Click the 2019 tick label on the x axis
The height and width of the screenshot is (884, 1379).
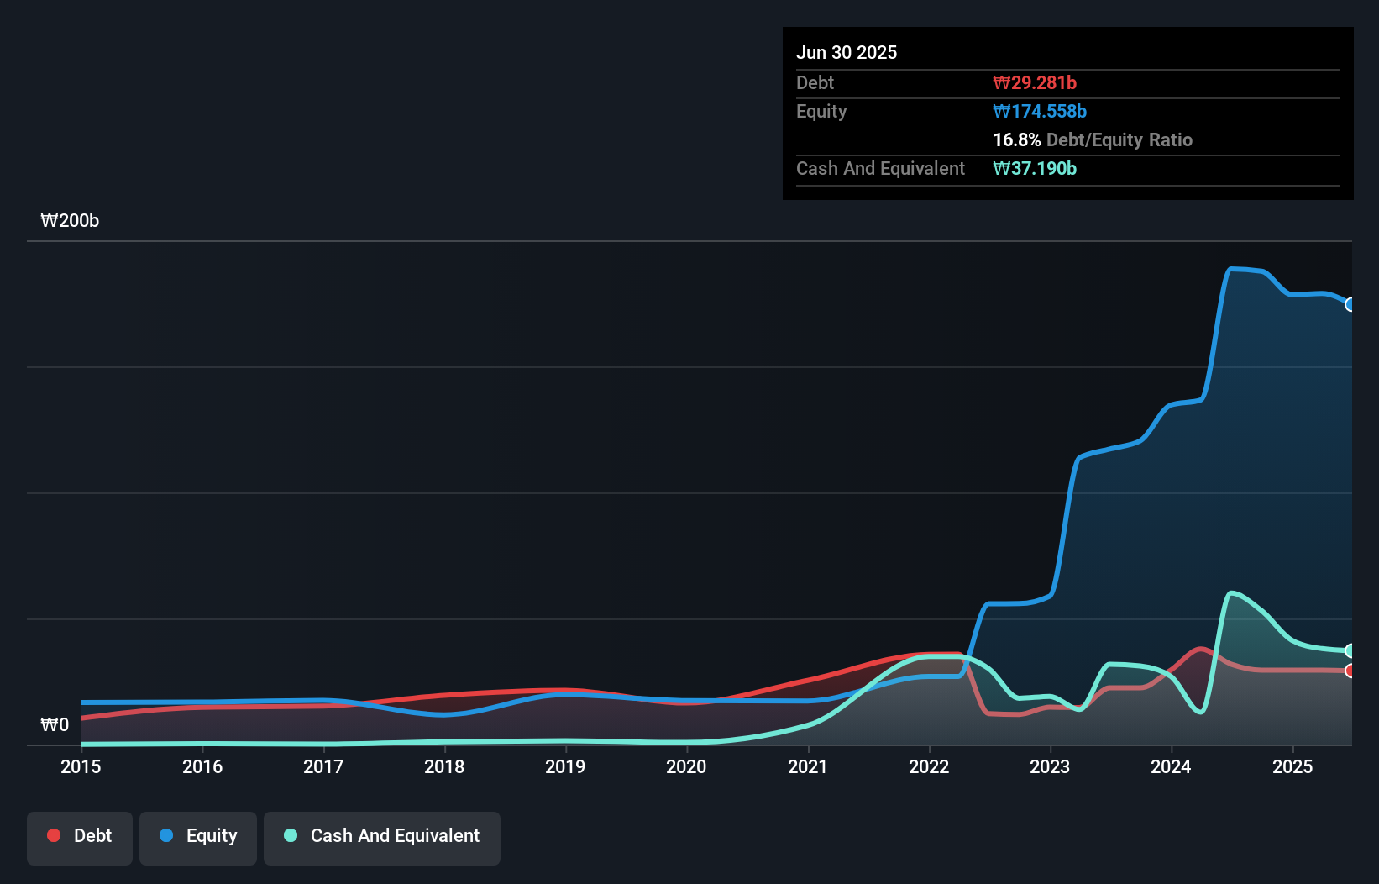pyautogui.click(x=565, y=766)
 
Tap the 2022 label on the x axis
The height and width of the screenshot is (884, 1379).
pyautogui.click(x=929, y=766)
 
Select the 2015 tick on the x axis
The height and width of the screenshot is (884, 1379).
pyautogui.click(x=81, y=766)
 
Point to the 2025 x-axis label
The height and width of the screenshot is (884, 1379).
pyautogui.click(x=1292, y=766)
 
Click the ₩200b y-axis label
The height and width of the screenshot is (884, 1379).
pyautogui.click(x=70, y=221)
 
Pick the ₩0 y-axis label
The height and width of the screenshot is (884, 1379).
pyautogui.click(x=55, y=724)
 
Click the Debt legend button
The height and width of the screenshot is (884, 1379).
pyautogui.click(x=80, y=836)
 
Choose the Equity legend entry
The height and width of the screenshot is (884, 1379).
pyautogui.click(x=198, y=836)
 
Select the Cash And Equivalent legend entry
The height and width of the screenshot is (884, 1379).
pyautogui.click(x=382, y=836)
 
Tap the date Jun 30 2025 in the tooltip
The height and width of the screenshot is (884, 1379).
pyautogui.click(x=847, y=53)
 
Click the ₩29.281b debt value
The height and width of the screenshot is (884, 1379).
pyautogui.click(x=1035, y=83)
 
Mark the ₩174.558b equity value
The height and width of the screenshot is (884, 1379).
pyautogui.click(x=1040, y=112)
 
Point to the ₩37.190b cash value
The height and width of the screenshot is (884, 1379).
pyautogui.click(x=1035, y=169)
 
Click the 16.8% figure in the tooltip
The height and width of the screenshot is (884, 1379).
pyautogui.click(x=1016, y=140)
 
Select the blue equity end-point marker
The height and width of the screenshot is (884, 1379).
pyautogui.click(x=1350, y=304)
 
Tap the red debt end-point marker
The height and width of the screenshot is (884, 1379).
pyautogui.click(x=1350, y=671)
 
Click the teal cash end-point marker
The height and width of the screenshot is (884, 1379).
pyautogui.click(x=1350, y=650)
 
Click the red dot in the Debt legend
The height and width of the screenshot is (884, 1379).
pyautogui.click(x=54, y=835)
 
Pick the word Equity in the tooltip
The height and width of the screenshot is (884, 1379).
pyautogui.click(x=821, y=112)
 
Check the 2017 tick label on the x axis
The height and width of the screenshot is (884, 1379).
pyautogui.click(x=323, y=766)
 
